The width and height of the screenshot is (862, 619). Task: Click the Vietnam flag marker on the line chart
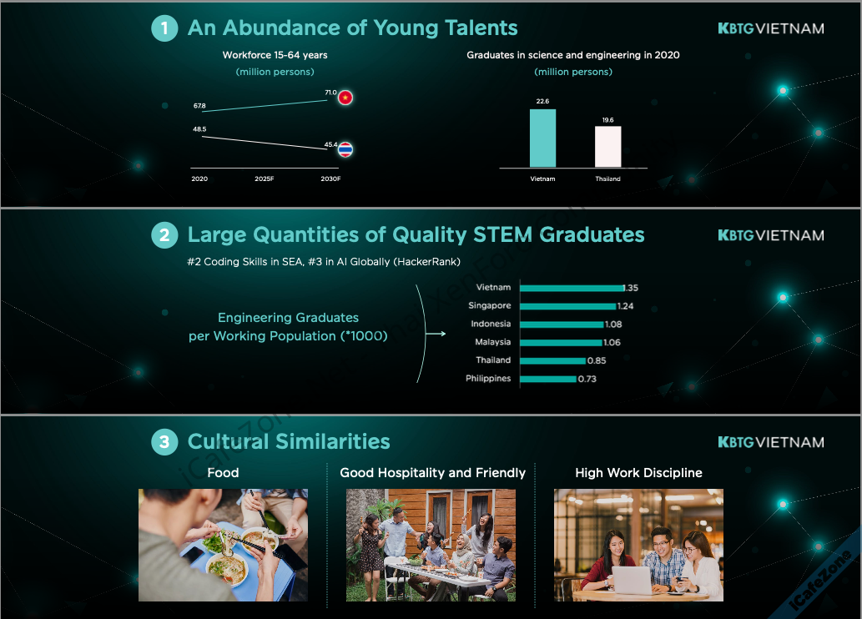[x=345, y=98]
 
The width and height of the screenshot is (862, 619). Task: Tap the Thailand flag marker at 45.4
[x=345, y=149]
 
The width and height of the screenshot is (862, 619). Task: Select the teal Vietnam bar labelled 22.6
[x=542, y=138]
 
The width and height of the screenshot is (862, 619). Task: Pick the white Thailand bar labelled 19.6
[x=608, y=147]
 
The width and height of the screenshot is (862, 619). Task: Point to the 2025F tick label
[x=265, y=179]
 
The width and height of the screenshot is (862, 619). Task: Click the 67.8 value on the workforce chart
[x=199, y=106]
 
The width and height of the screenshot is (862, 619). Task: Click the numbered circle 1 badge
[x=164, y=28]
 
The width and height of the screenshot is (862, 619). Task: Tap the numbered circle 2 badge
[x=164, y=235]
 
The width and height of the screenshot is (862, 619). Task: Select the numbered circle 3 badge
[x=164, y=442]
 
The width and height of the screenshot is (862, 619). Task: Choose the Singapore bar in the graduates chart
[x=568, y=306]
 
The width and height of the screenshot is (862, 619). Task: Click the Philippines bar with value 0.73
[x=548, y=379]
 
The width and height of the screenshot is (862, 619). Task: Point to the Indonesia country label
[x=491, y=324]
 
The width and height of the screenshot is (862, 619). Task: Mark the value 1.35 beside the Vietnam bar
[x=631, y=288]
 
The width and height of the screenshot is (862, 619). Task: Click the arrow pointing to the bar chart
[x=436, y=334]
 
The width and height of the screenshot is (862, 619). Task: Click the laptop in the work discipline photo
[x=633, y=580]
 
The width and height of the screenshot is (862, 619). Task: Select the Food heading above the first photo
[x=223, y=473]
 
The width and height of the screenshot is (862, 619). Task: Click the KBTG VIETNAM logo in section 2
[x=771, y=235]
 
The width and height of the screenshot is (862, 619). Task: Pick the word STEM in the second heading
[x=503, y=234]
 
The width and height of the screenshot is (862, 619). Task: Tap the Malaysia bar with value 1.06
[x=562, y=343]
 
